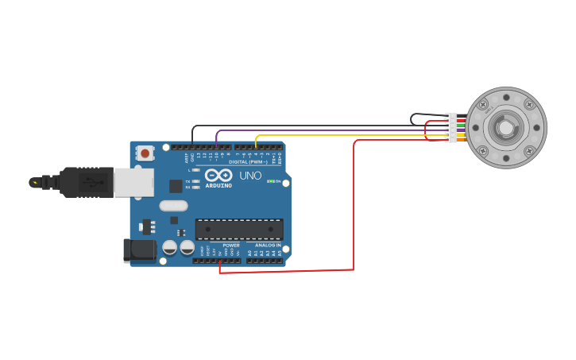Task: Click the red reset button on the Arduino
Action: (144, 153)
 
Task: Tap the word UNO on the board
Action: (250, 176)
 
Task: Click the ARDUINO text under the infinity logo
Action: (218, 186)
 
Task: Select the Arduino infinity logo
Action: (218, 175)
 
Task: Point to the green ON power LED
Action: (271, 181)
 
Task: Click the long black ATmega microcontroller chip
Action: (239, 229)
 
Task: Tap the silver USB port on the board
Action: (133, 182)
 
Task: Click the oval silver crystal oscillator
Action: (173, 206)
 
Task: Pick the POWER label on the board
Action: (231, 246)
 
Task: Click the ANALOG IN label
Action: (268, 246)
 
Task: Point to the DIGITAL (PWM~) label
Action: (248, 161)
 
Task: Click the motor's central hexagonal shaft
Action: (505, 127)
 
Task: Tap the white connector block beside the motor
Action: (450, 128)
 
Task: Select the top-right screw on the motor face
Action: (528, 104)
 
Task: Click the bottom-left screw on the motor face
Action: (482, 150)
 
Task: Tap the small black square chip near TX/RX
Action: (176, 186)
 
